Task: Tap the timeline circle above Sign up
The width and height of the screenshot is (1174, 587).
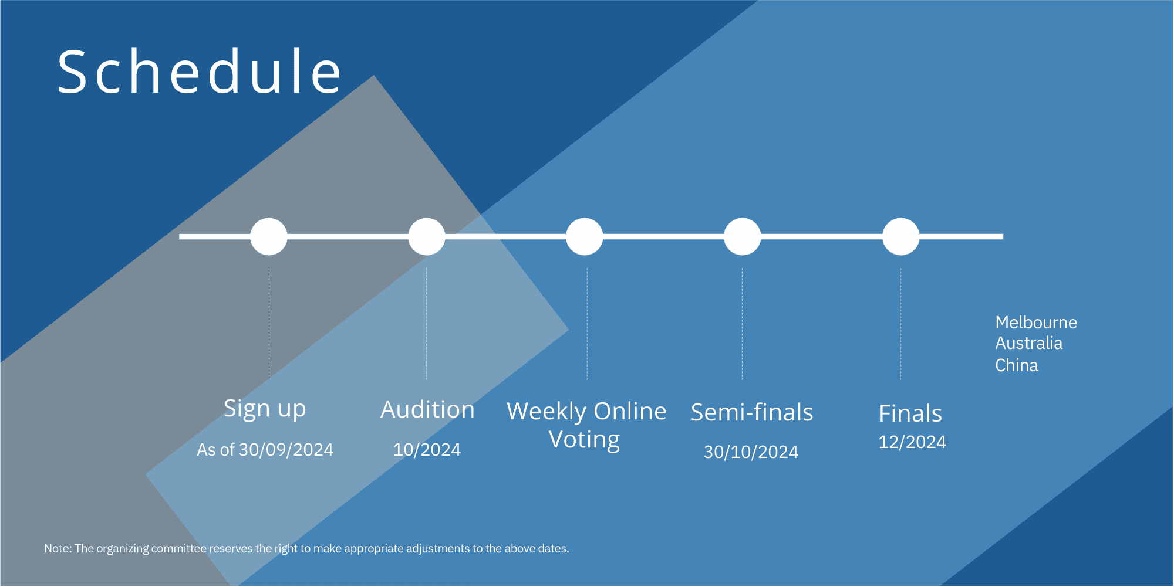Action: pos(269,236)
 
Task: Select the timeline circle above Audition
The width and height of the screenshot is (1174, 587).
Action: pos(427,236)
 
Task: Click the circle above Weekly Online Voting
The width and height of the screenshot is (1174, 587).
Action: pos(585,236)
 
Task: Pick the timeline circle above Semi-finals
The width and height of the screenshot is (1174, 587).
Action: pos(743,236)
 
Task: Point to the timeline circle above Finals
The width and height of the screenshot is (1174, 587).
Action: pos(901,236)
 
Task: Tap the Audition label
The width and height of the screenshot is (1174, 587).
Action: pos(427,409)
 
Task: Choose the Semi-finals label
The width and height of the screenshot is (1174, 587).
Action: pos(752,412)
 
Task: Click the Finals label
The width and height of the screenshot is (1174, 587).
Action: pos(910,413)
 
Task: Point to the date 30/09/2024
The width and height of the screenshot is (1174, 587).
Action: pos(286,450)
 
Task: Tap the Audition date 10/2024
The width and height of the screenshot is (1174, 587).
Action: pos(427,450)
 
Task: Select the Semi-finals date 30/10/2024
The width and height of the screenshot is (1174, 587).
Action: pos(751,452)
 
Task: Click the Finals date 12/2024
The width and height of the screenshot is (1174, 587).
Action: pos(912,442)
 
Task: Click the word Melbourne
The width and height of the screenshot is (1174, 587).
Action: pos(1036,323)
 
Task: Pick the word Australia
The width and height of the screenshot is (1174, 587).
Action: pos(1029,343)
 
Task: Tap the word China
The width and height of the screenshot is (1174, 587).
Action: pos(1017,365)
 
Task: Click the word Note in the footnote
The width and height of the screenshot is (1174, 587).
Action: pos(58,549)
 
